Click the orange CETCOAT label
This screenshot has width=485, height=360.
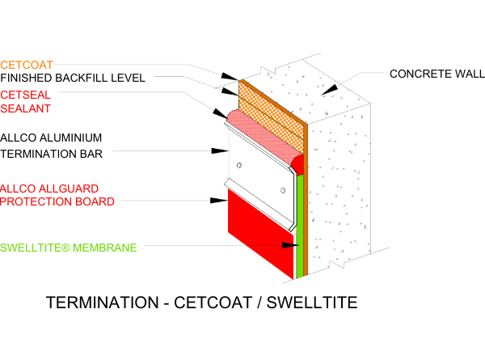[x=27, y=65]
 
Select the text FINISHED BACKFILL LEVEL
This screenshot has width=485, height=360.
[x=72, y=78]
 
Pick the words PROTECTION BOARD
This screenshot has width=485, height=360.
[x=57, y=201]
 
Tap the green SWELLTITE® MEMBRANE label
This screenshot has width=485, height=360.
[x=69, y=247]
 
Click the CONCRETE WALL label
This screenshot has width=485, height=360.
[x=436, y=74]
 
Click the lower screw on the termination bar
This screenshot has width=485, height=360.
[x=283, y=191]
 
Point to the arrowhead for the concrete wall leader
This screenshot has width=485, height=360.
[x=331, y=88]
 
